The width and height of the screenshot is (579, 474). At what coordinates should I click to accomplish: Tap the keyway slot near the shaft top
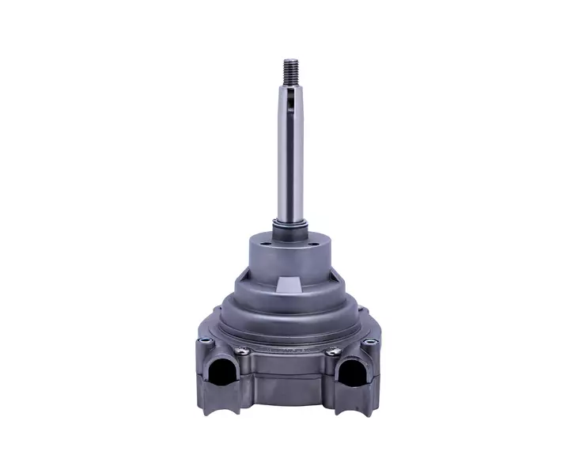[292, 101]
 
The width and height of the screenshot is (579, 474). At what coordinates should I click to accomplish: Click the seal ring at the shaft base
[289, 226]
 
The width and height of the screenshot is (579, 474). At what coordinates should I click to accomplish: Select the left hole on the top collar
[262, 248]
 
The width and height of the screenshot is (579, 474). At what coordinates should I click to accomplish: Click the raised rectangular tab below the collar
[289, 283]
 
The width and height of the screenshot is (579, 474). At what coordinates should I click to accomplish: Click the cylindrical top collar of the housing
[289, 252]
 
